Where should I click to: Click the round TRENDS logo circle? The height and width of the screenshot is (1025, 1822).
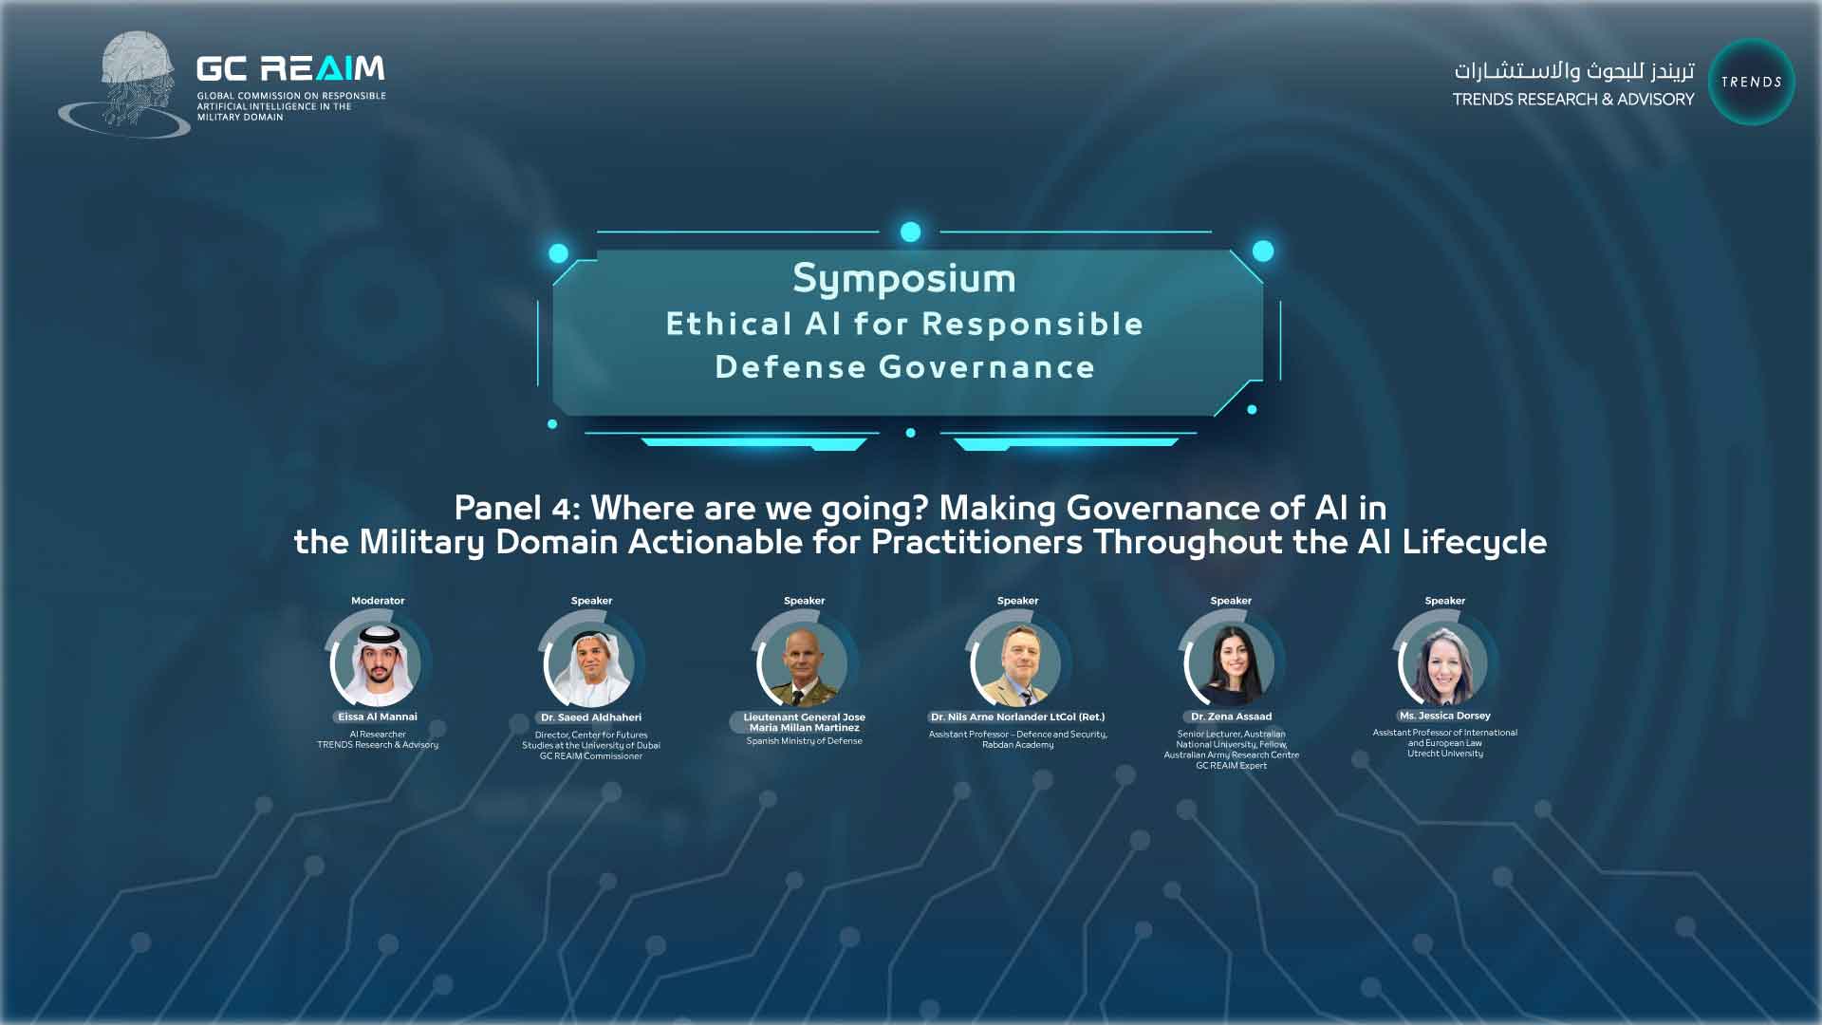tap(1751, 82)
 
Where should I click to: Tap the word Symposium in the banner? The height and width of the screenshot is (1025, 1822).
tap(904, 279)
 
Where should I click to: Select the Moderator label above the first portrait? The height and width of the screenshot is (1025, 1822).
tap(378, 601)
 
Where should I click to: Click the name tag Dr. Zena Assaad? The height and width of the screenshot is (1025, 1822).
tap(1231, 717)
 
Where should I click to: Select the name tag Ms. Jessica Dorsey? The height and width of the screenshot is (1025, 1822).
tap(1444, 716)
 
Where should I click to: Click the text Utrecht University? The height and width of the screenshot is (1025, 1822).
tap(1445, 754)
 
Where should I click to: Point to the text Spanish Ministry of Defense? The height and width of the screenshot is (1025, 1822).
tap(805, 741)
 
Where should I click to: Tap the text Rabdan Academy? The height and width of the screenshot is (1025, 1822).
tap(1018, 745)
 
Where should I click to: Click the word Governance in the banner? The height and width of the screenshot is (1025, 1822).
tap(987, 367)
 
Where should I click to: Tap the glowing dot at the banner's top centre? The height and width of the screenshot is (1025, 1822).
tap(910, 232)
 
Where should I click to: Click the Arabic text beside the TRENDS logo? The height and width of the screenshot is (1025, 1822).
tap(1573, 70)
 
